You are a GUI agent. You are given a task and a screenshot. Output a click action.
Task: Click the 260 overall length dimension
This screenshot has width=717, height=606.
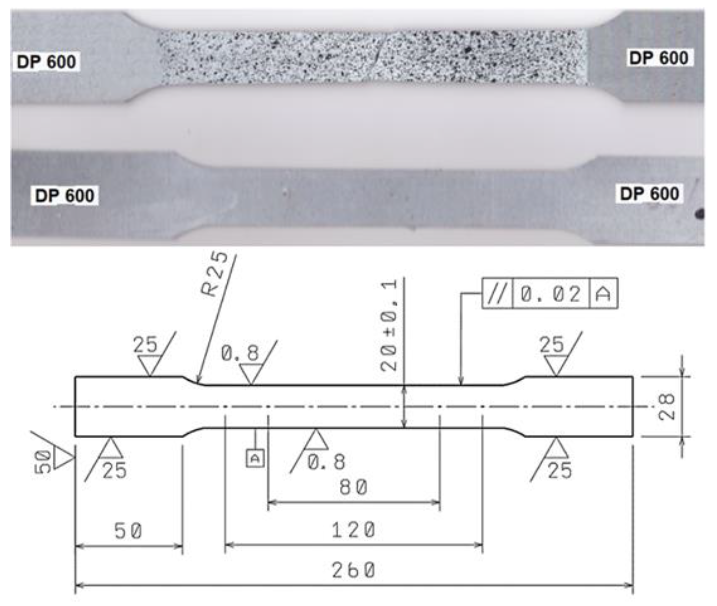353,571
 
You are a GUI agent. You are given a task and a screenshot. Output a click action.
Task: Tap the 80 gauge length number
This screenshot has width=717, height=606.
353,487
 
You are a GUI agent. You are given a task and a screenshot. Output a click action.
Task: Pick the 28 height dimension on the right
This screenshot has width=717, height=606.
667,407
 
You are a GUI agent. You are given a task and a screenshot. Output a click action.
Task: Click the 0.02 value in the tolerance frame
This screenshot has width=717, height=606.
550,294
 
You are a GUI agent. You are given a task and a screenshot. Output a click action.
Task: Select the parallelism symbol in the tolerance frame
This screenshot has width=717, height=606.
497,294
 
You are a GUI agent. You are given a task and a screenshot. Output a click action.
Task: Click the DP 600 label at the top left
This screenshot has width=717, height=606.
46,62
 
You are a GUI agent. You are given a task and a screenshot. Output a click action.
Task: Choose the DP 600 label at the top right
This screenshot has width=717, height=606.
659,58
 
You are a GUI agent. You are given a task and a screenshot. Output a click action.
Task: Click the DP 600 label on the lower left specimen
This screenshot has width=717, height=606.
65,196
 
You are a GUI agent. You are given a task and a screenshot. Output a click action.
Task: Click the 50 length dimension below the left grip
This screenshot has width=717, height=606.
128,531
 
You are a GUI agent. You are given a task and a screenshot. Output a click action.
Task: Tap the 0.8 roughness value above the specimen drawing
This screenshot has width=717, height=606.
240,353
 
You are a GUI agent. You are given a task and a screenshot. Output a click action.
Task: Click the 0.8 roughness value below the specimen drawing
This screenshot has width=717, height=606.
326,462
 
